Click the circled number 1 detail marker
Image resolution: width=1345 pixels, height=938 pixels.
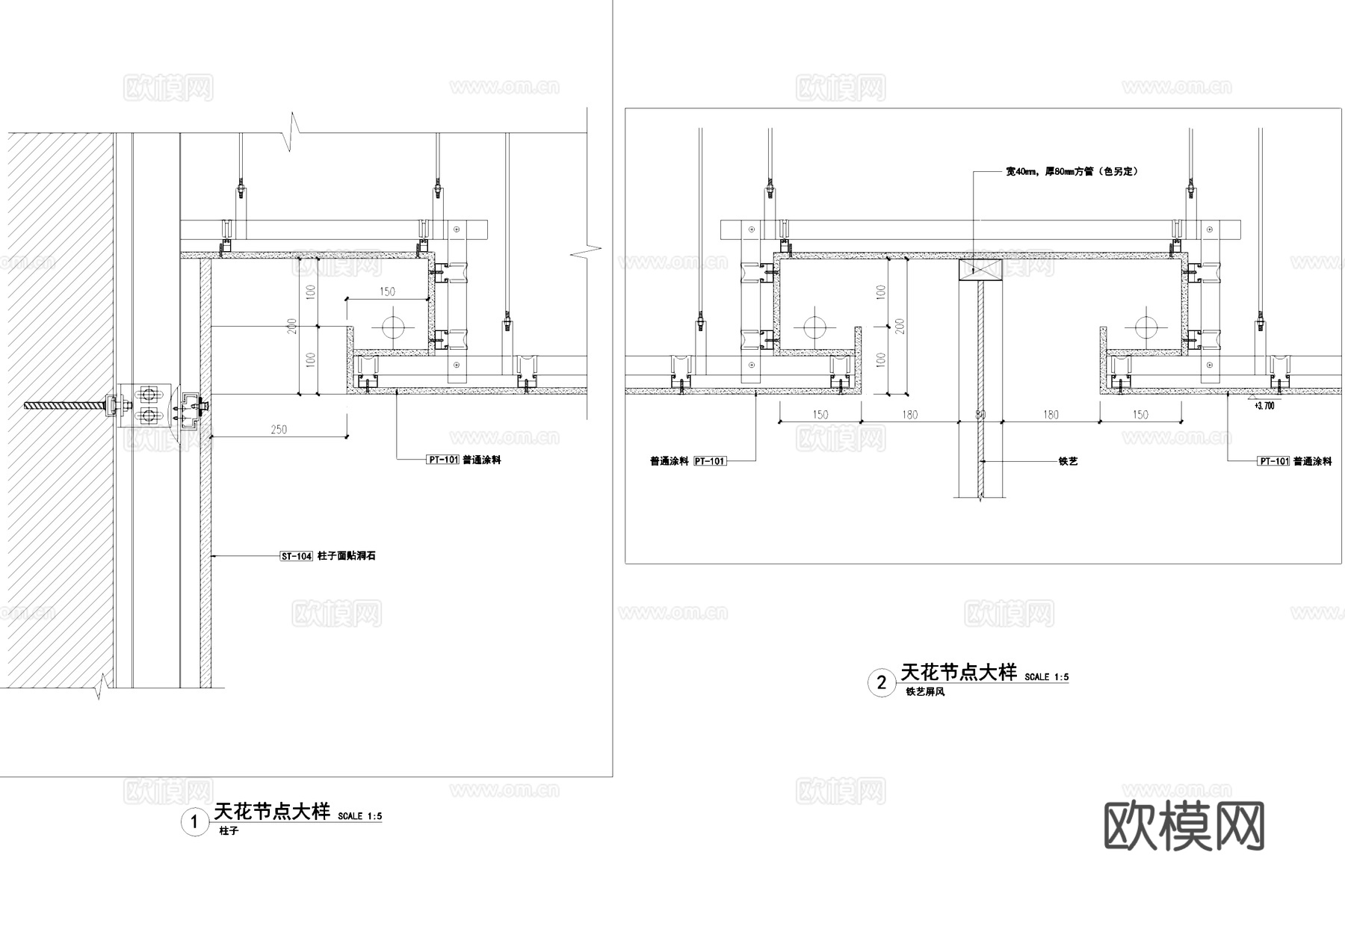[195, 822]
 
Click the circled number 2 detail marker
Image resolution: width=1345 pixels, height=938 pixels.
[882, 682]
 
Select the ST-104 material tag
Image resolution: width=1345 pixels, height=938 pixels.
[296, 556]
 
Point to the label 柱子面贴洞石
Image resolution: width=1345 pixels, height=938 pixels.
[347, 556]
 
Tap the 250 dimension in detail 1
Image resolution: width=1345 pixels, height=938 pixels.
[279, 429]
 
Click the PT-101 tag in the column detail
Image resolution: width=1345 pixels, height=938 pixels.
[442, 460]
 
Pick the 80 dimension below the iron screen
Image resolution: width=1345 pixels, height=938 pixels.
[980, 415]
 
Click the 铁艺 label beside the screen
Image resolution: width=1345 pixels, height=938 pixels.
[1068, 461]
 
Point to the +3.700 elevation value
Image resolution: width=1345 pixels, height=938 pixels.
[1264, 406]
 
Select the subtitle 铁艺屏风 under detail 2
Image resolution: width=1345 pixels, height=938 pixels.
[925, 692]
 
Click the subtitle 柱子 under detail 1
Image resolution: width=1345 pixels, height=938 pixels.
[229, 831]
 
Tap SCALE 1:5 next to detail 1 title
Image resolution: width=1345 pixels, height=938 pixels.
[359, 816]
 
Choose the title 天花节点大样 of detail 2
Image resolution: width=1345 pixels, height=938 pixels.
[959, 672]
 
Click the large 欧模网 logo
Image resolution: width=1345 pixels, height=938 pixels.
[1184, 826]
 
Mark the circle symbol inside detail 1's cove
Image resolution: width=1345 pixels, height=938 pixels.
[392, 327]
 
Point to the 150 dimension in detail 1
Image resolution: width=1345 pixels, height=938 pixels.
[387, 291]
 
